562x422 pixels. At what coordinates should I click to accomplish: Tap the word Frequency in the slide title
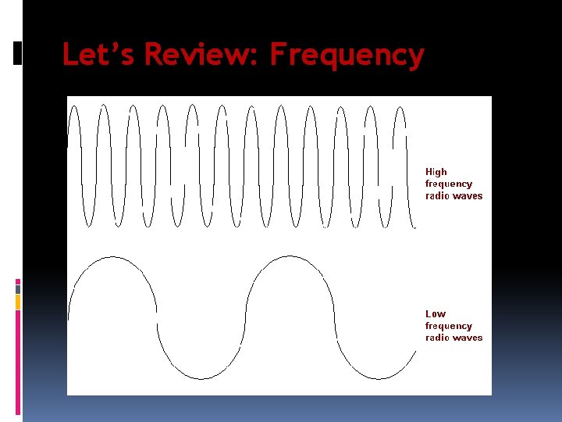tap(347, 55)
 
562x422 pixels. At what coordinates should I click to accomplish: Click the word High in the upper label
tap(436, 172)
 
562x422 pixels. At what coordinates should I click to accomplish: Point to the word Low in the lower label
tap(436, 314)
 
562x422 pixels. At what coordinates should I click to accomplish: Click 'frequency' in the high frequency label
tap(449, 184)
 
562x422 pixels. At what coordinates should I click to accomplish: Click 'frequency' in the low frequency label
tap(449, 326)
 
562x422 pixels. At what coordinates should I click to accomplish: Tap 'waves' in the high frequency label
tap(467, 196)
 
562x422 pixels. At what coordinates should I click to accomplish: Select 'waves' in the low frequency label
tap(467, 338)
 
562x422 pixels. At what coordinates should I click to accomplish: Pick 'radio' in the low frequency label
tap(436, 338)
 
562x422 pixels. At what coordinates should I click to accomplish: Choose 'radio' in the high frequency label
tap(436, 196)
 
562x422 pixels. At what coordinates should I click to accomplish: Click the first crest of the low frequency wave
tap(113, 257)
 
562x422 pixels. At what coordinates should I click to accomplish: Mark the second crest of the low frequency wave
tap(290, 257)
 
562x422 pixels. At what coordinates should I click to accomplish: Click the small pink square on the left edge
tap(18, 282)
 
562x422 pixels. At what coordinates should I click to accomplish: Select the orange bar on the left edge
tap(18, 302)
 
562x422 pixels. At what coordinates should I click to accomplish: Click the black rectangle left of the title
tap(18, 53)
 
